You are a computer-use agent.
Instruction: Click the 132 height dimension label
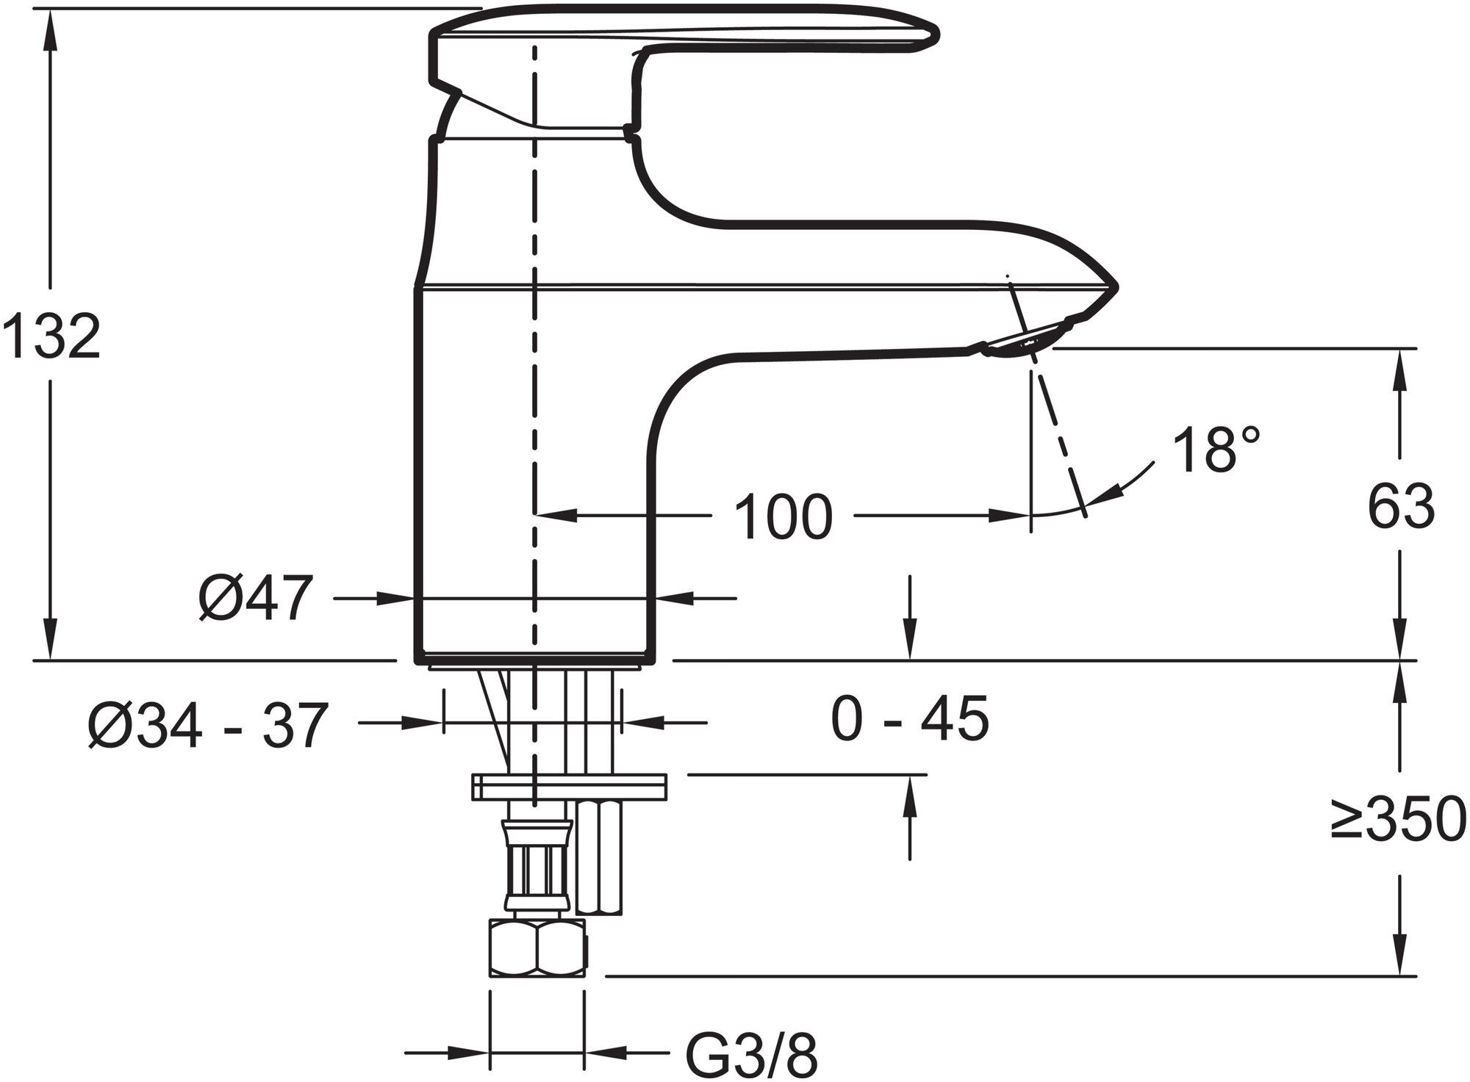click(51, 336)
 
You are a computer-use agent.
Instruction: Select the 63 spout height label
click(1401, 507)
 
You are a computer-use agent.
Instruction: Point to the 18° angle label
click(1216, 450)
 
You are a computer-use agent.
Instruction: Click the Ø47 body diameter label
click(255, 599)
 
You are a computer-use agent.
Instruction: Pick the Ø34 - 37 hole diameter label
click(207, 726)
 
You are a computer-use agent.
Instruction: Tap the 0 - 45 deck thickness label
click(910, 719)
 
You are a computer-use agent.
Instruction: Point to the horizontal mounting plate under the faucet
click(569, 787)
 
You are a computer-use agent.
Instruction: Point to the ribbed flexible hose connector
click(534, 867)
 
